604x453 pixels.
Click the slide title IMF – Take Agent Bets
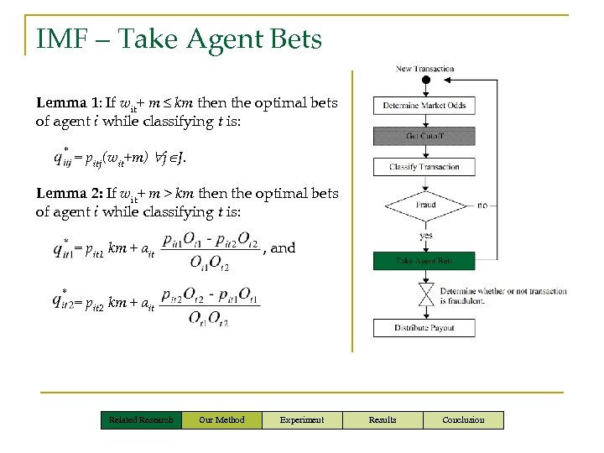click(179, 39)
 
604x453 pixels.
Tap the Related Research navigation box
click(141, 419)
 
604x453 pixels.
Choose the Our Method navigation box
click(221, 419)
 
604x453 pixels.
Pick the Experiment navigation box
click(302, 419)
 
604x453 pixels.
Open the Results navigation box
click(383, 419)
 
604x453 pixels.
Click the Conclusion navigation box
click(463, 419)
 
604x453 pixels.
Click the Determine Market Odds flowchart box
click(424, 106)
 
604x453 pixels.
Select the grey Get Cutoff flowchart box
click(424, 136)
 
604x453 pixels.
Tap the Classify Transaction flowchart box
click(424, 167)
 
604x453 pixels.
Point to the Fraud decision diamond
click(425, 206)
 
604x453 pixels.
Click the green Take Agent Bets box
click(424, 261)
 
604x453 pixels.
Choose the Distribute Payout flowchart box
click(424, 327)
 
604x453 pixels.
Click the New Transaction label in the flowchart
click(424, 69)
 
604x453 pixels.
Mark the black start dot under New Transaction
click(425, 81)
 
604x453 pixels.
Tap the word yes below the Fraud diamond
click(425, 236)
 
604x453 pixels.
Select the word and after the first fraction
click(283, 248)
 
